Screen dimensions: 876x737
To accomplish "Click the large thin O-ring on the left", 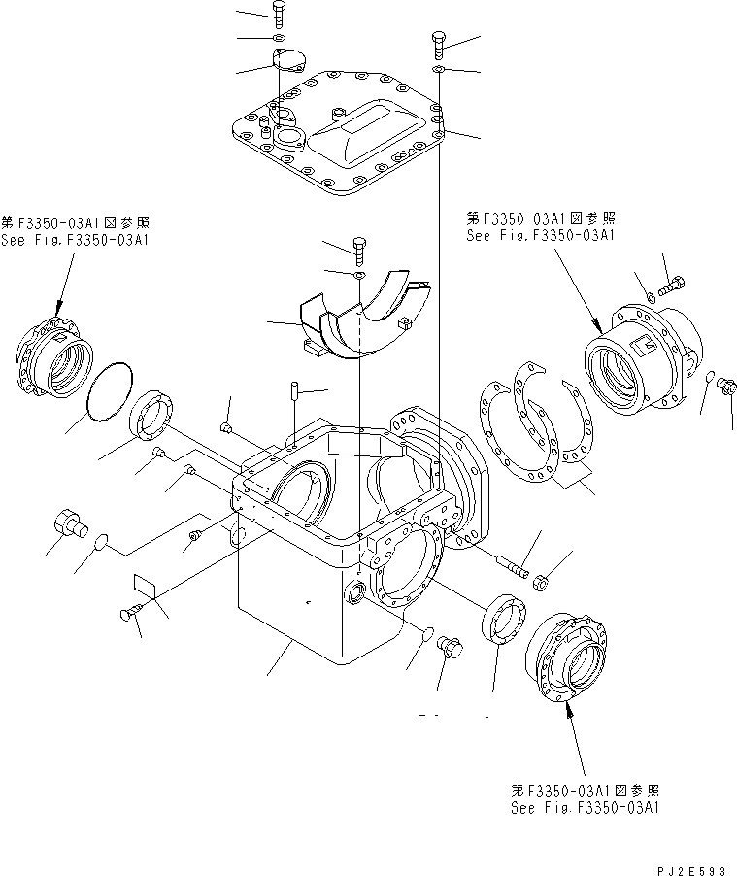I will pyautogui.click(x=109, y=391).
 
